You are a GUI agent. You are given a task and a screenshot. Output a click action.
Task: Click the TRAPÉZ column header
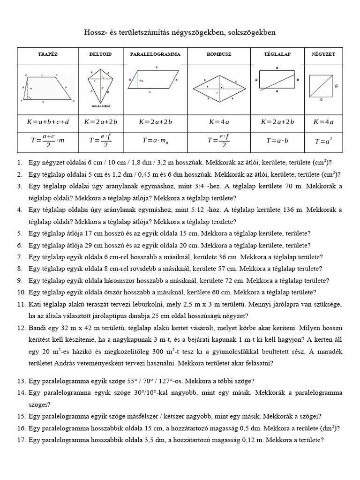click(47, 55)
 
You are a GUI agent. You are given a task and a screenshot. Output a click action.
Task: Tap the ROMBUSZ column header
click(219, 55)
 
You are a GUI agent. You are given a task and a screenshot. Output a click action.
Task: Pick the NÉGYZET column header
click(321, 55)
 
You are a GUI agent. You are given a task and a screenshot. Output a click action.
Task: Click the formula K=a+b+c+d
click(47, 122)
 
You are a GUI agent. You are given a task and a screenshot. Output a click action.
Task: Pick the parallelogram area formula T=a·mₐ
click(155, 140)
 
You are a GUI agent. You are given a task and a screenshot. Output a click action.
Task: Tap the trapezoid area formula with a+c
click(47, 140)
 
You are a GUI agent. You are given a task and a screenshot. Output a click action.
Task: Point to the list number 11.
click(20, 304)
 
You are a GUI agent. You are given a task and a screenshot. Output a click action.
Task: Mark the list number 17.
click(20, 441)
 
